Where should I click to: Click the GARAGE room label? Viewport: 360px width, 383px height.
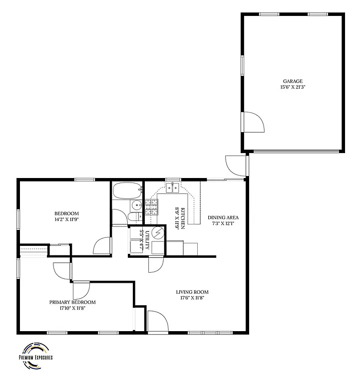(x=293, y=81)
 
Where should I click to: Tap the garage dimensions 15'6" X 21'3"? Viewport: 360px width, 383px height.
(x=293, y=87)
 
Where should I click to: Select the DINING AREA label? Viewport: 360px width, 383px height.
(x=223, y=217)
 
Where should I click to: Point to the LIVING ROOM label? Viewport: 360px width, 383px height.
(x=192, y=292)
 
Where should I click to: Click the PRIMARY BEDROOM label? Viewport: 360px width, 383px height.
(x=72, y=302)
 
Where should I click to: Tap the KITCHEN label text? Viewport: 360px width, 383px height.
(x=183, y=218)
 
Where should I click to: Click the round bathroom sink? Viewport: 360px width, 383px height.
(x=136, y=206)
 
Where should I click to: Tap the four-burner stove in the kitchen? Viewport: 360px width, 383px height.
(x=151, y=207)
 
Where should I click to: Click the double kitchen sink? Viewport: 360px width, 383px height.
(x=173, y=188)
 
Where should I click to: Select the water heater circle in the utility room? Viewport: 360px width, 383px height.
(x=158, y=233)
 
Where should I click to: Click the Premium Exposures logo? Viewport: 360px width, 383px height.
(x=35, y=355)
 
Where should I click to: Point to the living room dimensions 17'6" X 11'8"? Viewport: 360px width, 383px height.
(x=192, y=298)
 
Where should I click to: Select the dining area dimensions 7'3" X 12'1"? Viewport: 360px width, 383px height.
(x=223, y=223)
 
